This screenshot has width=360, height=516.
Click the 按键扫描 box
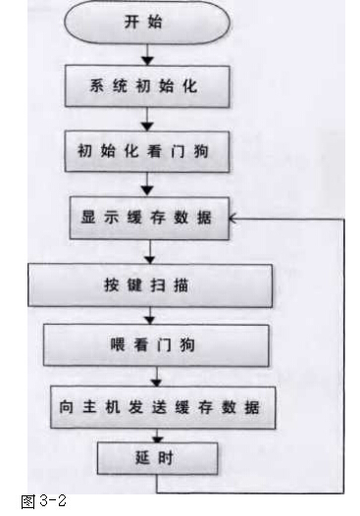click(x=150, y=286)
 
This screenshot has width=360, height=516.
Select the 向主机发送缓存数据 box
click(x=156, y=402)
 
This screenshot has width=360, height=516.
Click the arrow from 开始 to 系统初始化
click(x=145, y=56)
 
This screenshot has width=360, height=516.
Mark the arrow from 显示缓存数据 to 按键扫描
click(x=149, y=252)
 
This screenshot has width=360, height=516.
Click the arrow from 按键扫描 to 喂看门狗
click(x=151, y=316)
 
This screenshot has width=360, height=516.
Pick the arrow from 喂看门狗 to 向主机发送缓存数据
click(x=155, y=374)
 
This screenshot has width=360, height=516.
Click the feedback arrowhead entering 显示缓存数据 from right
click(x=234, y=219)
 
